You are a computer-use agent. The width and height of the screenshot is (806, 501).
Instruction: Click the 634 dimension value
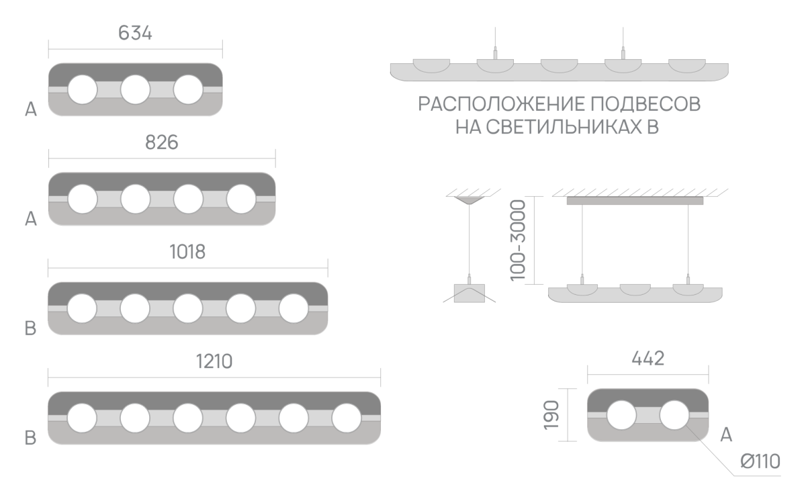(x=135, y=33)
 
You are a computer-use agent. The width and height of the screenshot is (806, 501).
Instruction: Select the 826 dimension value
(x=162, y=142)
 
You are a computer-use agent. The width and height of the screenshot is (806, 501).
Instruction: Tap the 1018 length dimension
(x=187, y=252)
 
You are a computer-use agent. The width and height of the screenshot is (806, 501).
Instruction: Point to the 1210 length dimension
(x=214, y=361)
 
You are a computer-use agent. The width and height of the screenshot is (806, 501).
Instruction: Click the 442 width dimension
(x=647, y=359)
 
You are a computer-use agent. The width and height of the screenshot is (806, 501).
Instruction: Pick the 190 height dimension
(x=551, y=415)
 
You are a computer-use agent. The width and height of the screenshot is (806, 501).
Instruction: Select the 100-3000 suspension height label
(x=518, y=240)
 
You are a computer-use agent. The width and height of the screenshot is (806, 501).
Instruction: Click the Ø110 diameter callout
(x=760, y=461)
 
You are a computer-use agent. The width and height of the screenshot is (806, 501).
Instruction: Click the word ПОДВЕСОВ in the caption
(x=646, y=104)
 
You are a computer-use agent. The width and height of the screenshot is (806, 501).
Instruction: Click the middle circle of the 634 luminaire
(x=135, y=89)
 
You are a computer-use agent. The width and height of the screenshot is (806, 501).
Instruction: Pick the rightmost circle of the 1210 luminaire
(x=347, y=418)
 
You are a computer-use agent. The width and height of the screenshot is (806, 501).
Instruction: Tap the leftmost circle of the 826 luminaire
(x=83, y=199)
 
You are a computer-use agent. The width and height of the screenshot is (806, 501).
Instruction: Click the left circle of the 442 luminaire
(x=621, y=415)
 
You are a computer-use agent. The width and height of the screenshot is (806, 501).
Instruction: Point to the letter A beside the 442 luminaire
(x=726, y=435)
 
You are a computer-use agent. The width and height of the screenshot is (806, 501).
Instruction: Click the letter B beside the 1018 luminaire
(x=31, y=328)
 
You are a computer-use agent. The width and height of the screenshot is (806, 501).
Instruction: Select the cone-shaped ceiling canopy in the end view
(x=469, y=200)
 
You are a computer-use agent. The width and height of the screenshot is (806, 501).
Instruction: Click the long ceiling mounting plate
(x=635, y=201)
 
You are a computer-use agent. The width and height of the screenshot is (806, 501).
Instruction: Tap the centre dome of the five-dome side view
(x=559, y=66)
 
